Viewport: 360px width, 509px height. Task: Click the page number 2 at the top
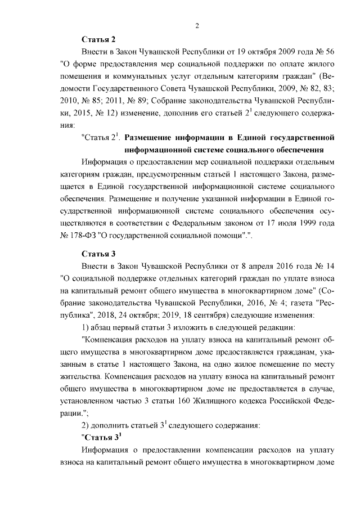[197, 25]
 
